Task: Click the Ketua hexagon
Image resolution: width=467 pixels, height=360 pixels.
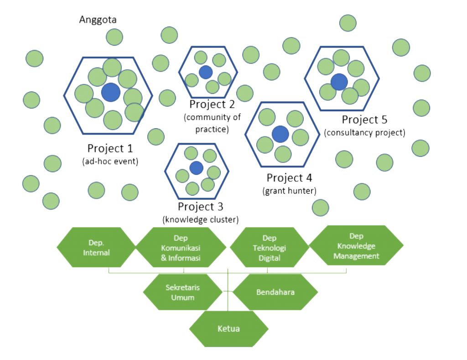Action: coord(228,329)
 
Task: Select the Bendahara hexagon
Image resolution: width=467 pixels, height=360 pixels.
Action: coord(275,292)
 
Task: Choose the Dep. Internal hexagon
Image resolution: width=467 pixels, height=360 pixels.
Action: coord(96,247)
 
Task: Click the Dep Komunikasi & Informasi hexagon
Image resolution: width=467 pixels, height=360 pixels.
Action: coord(181,247)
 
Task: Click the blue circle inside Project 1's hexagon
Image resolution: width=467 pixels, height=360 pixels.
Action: coord(111,93)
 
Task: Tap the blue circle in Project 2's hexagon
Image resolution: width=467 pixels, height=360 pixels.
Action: coord(206,72)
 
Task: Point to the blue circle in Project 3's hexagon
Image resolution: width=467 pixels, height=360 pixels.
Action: coord(196,168)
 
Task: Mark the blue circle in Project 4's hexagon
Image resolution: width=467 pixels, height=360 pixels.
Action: coord(280,134)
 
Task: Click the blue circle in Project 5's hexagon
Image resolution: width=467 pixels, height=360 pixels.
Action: coord(339,82)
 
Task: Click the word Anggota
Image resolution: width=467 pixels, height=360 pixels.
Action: coord(98,20)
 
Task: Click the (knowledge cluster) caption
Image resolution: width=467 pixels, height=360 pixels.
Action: coord(201,219)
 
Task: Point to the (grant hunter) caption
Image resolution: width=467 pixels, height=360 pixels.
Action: coord(290,190)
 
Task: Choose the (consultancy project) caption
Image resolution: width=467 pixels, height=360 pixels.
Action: coord(364,133)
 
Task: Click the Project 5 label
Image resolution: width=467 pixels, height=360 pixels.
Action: coord(364,120)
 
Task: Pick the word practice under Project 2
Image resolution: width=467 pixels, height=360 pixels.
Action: coord(212,129)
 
